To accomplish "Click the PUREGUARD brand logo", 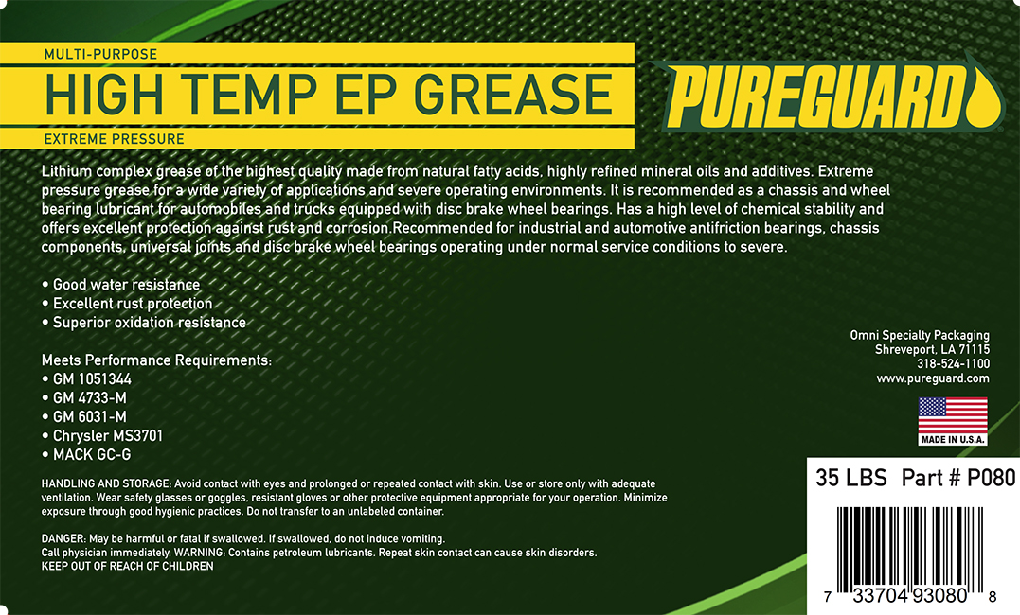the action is [826, 95].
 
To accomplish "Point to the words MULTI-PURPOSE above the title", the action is [100, 54].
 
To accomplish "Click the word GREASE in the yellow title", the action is [513, 95].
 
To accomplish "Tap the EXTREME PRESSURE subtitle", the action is [115, 139].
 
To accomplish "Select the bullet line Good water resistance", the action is [121, 285].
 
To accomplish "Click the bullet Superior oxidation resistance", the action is [144, 323].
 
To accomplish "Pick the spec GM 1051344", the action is [86, 379].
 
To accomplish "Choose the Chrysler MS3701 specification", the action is [102, 435].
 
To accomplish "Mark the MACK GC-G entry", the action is [86, 454].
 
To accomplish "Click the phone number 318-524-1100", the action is [953, 364].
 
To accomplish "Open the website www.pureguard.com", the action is [933, 378].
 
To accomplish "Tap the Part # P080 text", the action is [958, 479].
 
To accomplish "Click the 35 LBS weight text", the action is [850, 479].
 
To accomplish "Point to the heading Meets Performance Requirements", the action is [157, 360].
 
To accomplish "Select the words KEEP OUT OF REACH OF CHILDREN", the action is [128, 566].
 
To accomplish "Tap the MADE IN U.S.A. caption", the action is [953, 439].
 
